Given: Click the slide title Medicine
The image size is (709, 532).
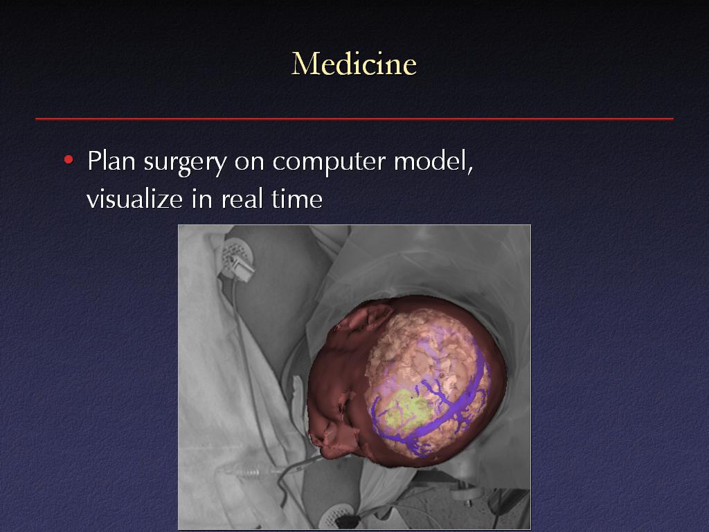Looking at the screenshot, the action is click(x=354, y=64).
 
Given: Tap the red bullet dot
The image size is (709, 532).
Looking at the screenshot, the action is click(x=69, y=160).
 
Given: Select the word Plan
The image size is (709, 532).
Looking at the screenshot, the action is click(x=111, y=161).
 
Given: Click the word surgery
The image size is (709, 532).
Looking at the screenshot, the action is click(x=185, y=163).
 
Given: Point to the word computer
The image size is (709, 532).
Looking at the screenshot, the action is click(x=329, y=162).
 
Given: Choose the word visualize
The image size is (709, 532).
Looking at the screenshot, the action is click(x=134, y=199).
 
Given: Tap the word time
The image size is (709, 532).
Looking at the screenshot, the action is click(x=297, y=199).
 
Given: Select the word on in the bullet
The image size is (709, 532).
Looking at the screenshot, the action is click(x=249, y=163).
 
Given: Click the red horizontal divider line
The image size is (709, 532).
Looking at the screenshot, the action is click(x=354, y=119).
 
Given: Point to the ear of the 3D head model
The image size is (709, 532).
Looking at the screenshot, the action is click(x=366, y=317).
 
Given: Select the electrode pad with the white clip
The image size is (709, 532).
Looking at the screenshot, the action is click(x=237, y=260).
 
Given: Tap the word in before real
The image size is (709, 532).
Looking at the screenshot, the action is click(x=201, y=199).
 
